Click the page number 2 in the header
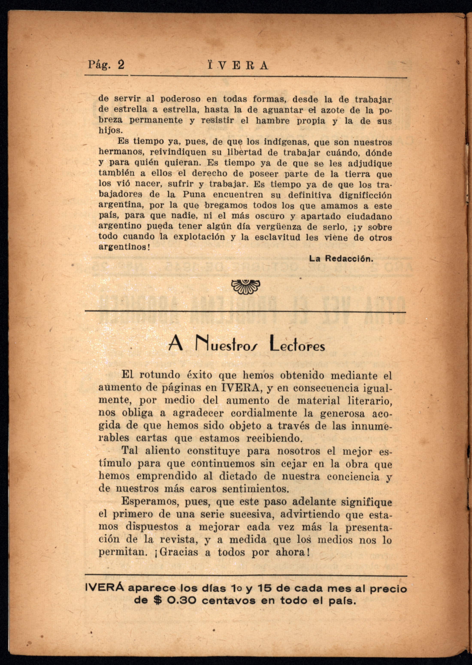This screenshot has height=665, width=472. pos(121,65)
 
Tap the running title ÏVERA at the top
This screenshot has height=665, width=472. pos(238,65)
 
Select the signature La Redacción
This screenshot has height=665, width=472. pos(341,258)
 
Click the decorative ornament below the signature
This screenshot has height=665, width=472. pos(246,287)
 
